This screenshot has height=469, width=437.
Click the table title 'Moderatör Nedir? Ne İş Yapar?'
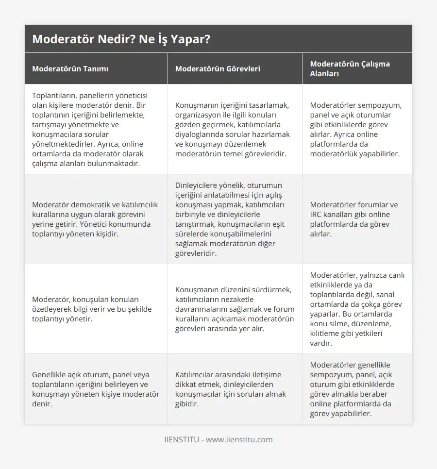(121, 39)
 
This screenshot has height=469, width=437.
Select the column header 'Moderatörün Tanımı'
(70, 68)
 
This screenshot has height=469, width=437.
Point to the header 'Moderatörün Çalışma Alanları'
(350, 68)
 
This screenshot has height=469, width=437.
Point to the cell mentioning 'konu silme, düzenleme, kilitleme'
(357, 309)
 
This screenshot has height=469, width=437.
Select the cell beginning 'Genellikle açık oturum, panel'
(96, 389)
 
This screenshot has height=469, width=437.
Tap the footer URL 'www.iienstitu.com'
(239, 440)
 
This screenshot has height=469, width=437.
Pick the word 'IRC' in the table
(318, 214)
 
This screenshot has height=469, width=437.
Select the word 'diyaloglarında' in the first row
(199, 134)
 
